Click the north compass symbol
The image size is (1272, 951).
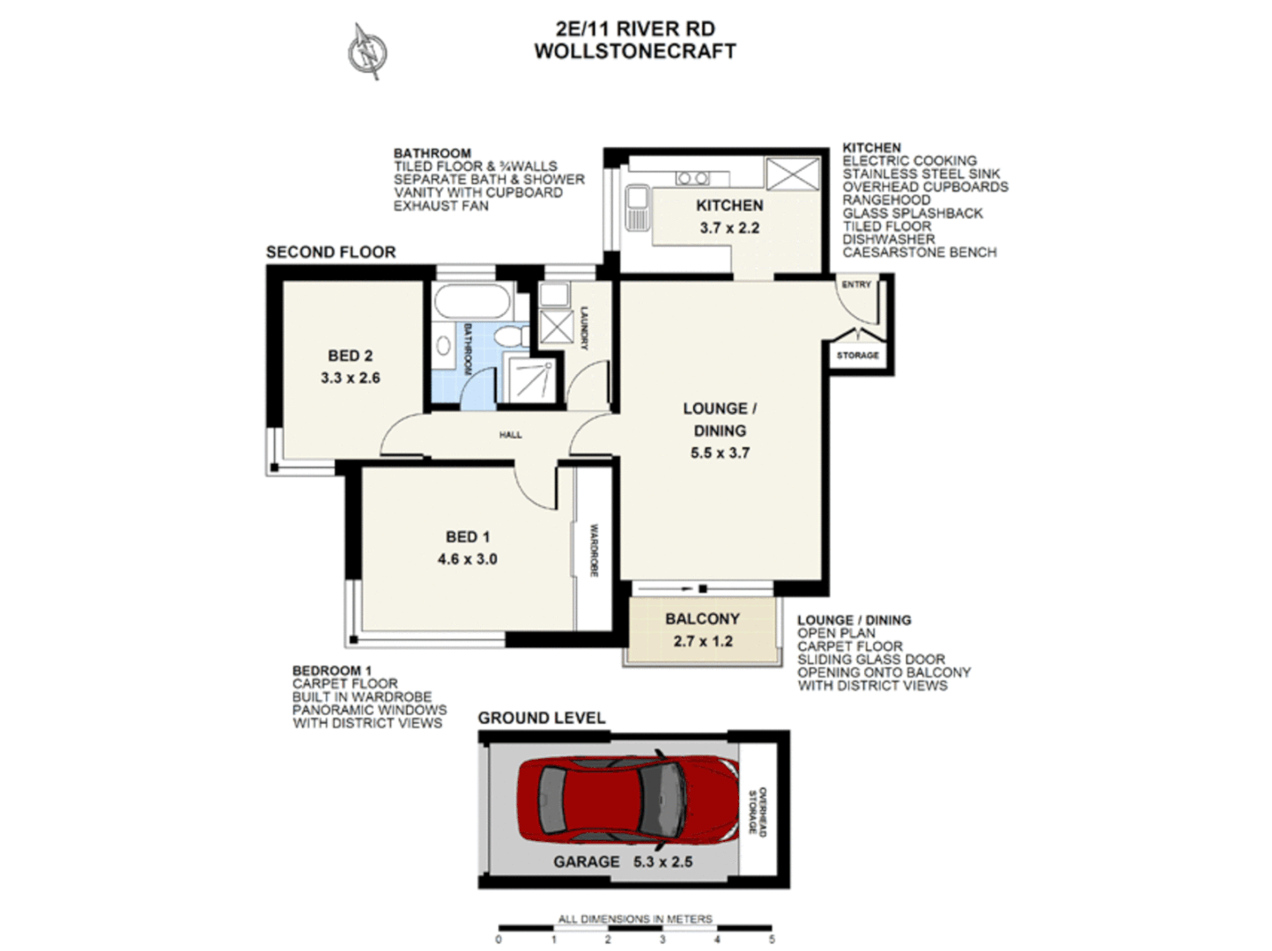point(367,50)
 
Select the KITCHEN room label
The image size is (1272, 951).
point(729,205)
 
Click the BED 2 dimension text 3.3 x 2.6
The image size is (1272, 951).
point(350,378)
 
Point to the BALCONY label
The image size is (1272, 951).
point(702,619)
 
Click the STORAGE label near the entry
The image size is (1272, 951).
point(857,355)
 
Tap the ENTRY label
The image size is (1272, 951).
point(855,284)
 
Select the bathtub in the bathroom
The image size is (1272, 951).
point(471,301)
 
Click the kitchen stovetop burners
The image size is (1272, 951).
point(691,179)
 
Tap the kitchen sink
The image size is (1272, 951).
point(636,208)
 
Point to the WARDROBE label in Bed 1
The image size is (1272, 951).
point(594,550)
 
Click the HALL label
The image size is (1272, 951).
point(510,434)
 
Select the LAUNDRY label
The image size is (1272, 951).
point(583,328)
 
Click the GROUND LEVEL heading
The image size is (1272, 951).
point(541,718)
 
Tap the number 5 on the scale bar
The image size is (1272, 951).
point(772,940)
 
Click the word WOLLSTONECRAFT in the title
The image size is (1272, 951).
point(634,51)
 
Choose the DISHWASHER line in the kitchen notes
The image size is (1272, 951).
point(888,240)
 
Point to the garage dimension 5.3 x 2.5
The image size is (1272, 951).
point(662,862)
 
